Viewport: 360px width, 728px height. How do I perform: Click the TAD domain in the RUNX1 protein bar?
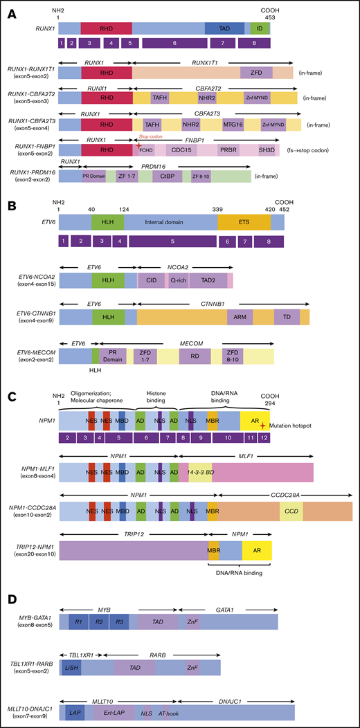(224, 28)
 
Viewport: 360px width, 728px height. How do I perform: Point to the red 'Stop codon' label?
(151, 118)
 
